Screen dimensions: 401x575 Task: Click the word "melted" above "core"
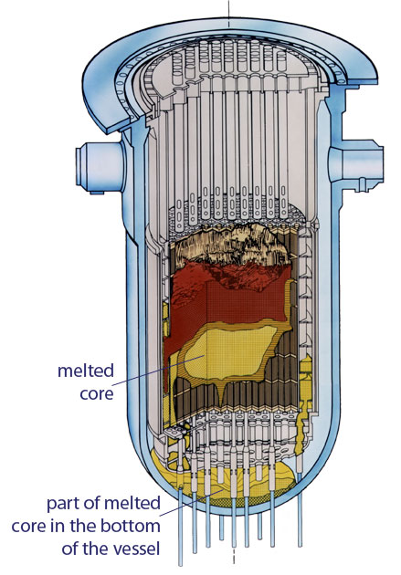point(86,371)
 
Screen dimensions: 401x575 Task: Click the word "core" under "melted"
point(97,393)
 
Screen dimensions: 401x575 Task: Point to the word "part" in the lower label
point(61,504)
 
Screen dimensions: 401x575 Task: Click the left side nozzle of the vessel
point(99,168)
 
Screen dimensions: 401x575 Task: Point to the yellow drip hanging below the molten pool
point(221,392)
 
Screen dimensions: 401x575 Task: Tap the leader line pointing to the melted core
point(158,370)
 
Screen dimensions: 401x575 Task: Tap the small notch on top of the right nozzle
point(363,180)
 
